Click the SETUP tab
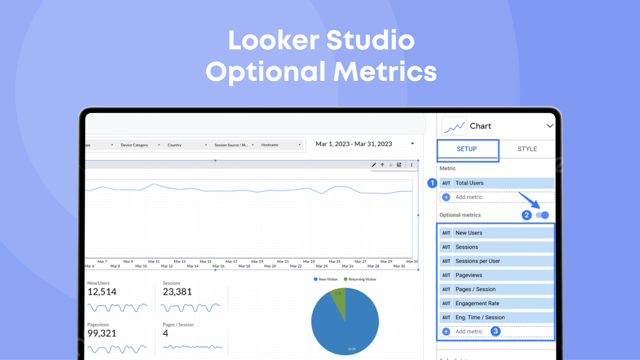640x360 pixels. [466, 149]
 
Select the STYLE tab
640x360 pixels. [527, 149]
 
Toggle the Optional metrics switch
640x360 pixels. [542, 215]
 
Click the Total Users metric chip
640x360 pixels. [496, 183]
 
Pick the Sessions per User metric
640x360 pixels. [496, 261]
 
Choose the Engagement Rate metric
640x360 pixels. [496, 303]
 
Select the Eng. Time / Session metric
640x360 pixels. [496, 317]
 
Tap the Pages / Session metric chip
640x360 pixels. [496, 289]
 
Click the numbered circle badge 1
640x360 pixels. [432, 183]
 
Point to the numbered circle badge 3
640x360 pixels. [495, 331]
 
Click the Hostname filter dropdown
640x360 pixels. [281, 145]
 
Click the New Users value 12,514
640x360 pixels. [102, 292]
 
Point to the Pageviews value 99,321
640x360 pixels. [102, 333]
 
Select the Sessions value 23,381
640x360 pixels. [177, 292]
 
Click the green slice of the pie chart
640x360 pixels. [339, 299]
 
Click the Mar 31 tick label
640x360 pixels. [412, 261]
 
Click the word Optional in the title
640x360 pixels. [265, 71]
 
